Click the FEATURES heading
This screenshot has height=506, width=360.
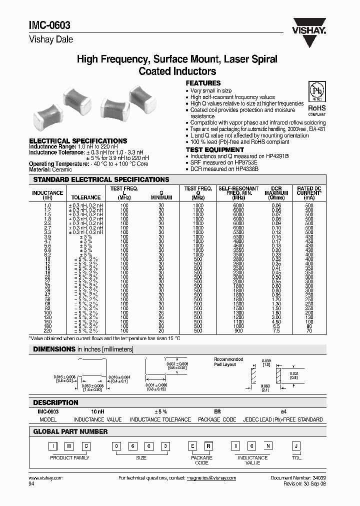203,83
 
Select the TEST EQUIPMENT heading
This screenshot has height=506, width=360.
215,149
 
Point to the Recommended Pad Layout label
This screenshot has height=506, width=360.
228,361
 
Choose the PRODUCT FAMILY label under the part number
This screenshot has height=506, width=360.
70,457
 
